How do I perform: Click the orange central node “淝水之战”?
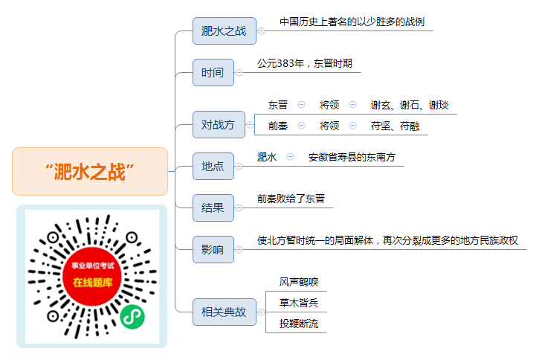(90, 172)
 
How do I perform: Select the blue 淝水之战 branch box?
(224, 31)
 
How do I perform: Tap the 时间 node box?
(213, 73)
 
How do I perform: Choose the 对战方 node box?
(219, 124)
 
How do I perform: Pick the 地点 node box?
(213, 166)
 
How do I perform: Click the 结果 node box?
(213, 208)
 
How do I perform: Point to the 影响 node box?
(213, 249)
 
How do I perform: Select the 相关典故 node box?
(224, 312)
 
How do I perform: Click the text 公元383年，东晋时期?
(305, 63)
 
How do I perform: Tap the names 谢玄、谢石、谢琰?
(410, 105)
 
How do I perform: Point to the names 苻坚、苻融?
(395, 126)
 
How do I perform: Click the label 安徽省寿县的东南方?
(352, 157)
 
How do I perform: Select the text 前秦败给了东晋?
(291, 199)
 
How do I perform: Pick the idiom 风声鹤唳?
(299, 282)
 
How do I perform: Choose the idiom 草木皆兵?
(299, 303)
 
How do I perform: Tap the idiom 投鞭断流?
(299, 324)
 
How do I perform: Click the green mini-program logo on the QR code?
(132, 317)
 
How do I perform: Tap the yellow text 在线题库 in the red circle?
(92, 283)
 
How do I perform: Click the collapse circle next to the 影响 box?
(239, 250)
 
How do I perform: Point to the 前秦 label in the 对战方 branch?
(278, 126)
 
